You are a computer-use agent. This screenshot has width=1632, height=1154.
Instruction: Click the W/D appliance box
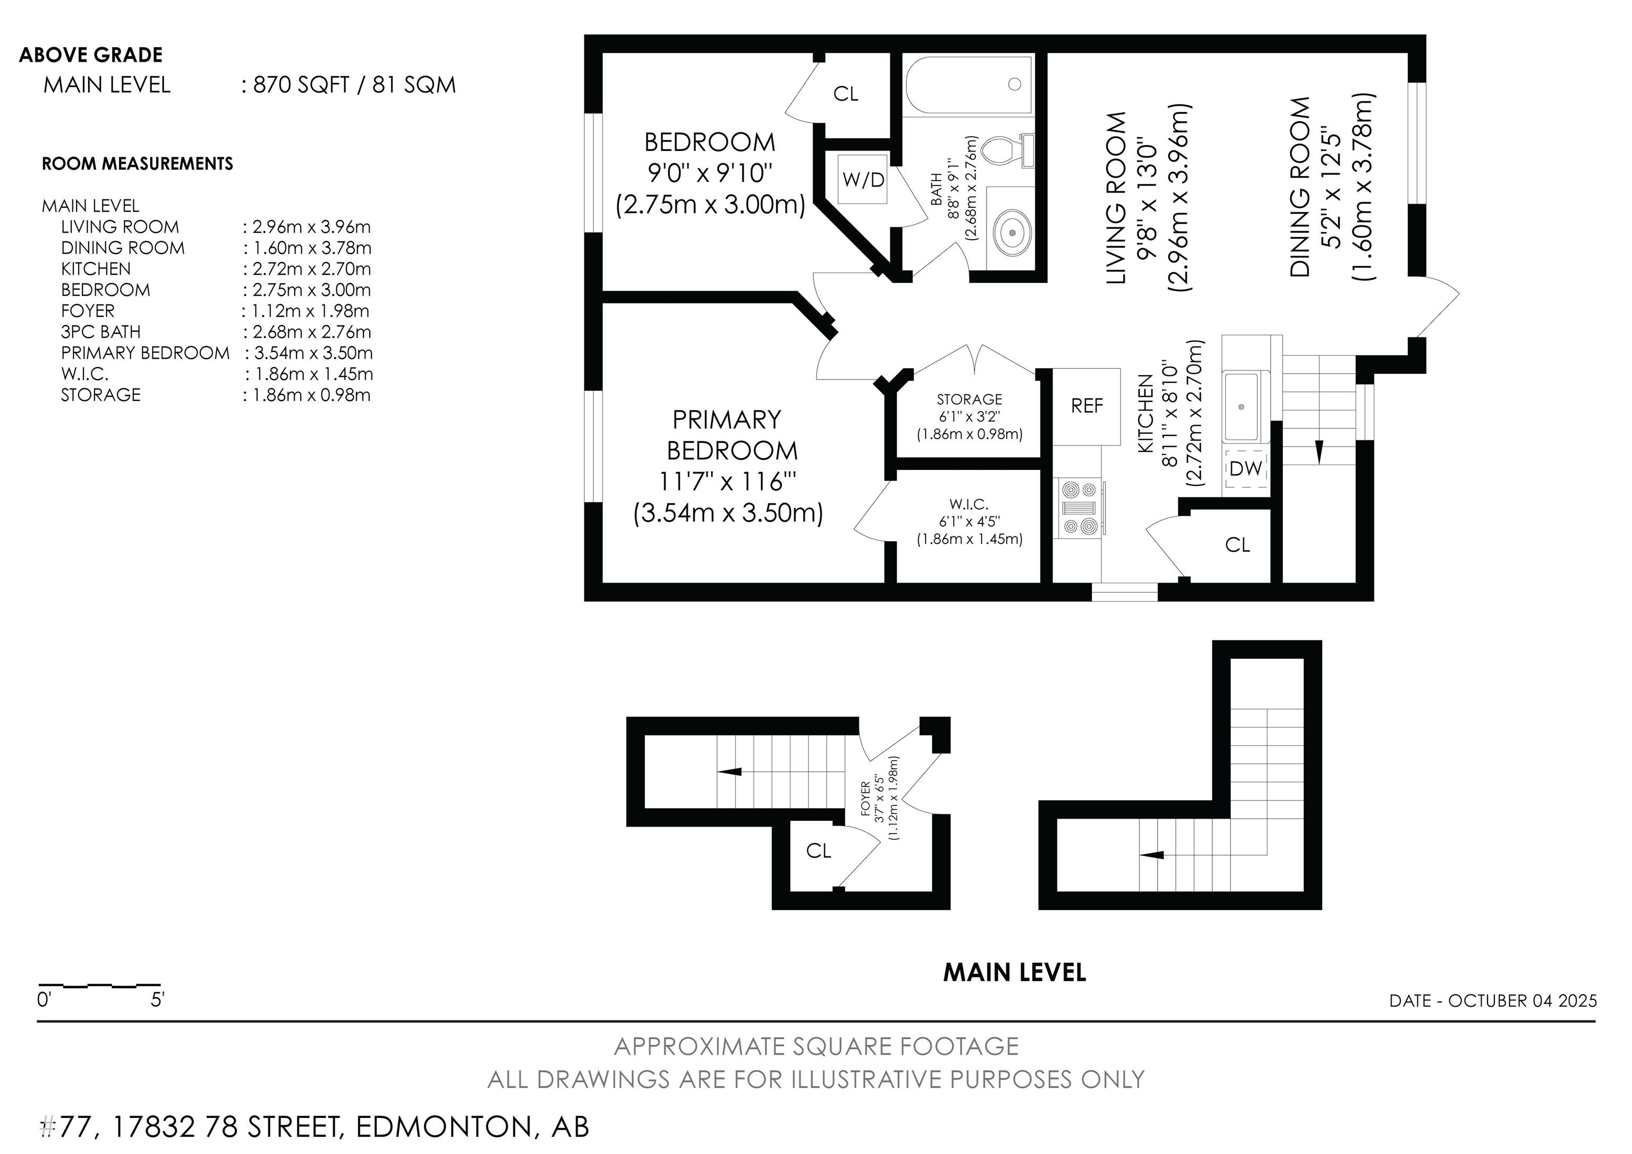pyautogui.click(x=862, y=179)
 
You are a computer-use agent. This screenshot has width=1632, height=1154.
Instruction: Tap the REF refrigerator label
pyautogui.click(x=1086, y=406)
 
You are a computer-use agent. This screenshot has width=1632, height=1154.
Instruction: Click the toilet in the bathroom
pyautogui.click(x=1006, y=150)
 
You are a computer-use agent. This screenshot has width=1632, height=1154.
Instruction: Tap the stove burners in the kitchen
pyautogui.click(x=1078, y=508)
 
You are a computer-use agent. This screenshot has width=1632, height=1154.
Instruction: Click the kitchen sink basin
pyautogui.click(x=1241, y=407)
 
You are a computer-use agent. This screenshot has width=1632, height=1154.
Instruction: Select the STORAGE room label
pyautogui.click(x=969, y=400)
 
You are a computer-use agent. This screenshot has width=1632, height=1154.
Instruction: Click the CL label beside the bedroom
pyautogui.click(x=845, y=94)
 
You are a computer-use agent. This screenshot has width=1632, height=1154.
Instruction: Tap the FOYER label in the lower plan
pyautogui.click(x=865, y=798)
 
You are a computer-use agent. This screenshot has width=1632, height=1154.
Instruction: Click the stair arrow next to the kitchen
pyautogui.click(x=1319, y=451)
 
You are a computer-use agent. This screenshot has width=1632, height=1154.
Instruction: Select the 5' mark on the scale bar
pyautogui.click(x=157, y=1000)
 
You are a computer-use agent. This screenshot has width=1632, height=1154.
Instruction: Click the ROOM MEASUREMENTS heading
pyautogui.click(x=137, y=164)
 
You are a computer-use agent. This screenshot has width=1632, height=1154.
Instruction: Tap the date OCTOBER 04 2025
pyautogui.click(x=1523, y=1000)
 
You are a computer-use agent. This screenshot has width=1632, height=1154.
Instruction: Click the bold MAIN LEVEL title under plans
pyautogui.click(x=1014, y=973)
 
